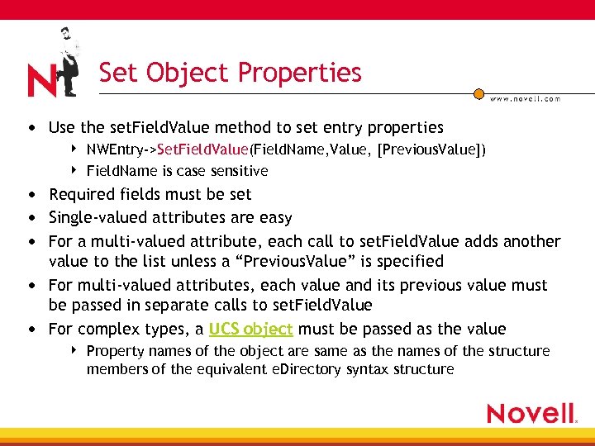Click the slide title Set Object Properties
230,73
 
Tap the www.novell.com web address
525,98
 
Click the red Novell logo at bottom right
531,413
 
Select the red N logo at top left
41,81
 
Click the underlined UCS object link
250,329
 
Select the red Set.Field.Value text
202,149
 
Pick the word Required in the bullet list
79,194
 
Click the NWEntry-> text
121,149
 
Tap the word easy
275,217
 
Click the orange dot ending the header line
478,93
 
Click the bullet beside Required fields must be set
31,195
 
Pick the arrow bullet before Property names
74,350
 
